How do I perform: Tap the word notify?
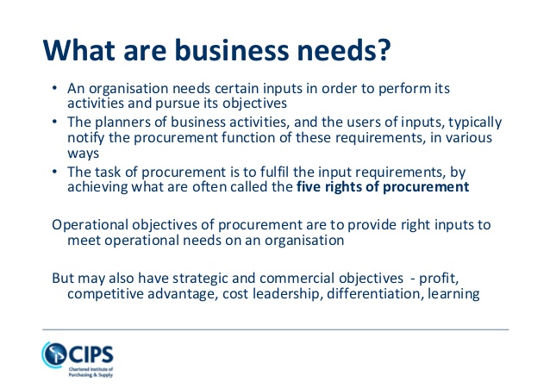tap(86, 138)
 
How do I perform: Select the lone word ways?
tap(83, 154)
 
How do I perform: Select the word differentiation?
tap(373, 293)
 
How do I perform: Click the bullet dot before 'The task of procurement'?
tap(54, 172)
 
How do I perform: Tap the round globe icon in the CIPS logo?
tap(54, 354)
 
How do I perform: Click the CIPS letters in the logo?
tap(91, 354)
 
